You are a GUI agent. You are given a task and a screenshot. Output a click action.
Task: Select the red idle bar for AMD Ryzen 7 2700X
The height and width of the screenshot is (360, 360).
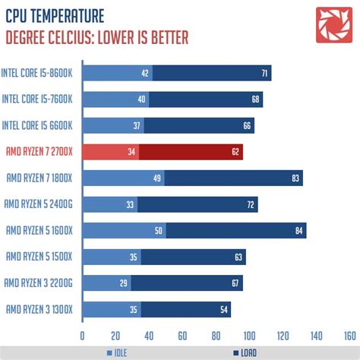click(110, 152)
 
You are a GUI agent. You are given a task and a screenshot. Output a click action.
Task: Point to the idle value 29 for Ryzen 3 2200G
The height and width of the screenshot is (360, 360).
click(123, 283)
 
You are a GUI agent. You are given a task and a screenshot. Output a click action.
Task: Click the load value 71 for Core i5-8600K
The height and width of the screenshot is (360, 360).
click(263, 74)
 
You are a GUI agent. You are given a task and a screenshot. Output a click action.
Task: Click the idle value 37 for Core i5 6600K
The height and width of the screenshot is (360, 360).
click(137, 126)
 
